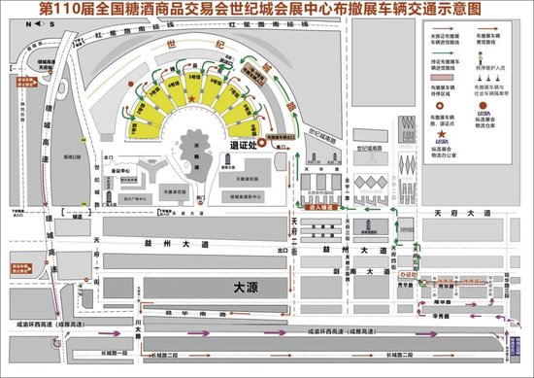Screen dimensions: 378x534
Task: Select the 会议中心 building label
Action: pyautogui.click(x=119, y=169)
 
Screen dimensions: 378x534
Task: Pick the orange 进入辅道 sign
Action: pyautogui.click(x=321, y=208)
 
